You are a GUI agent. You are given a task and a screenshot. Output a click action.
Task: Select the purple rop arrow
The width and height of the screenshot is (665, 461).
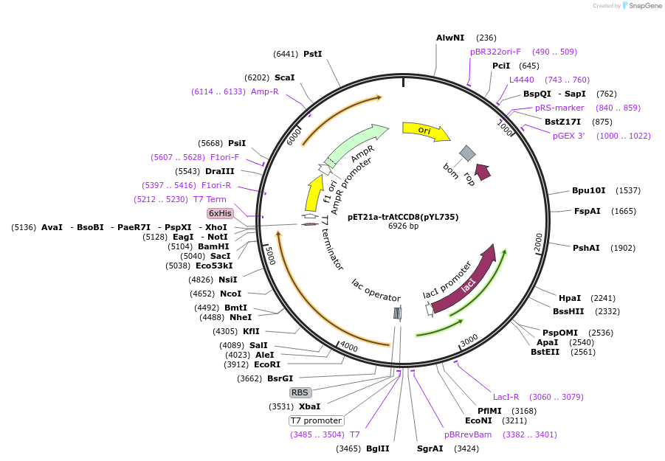click(x=483, y=172)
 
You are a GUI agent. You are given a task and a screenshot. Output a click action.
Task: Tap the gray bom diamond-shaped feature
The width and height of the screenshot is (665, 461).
click(x=467, y=153)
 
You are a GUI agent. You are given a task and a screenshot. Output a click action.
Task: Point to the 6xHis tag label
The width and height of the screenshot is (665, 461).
click(x=220, y=213)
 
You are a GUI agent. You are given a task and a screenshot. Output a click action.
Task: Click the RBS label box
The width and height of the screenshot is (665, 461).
click(x=300, y=392)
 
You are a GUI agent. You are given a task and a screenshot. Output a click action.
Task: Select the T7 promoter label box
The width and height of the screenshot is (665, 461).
click(x=316, y=420)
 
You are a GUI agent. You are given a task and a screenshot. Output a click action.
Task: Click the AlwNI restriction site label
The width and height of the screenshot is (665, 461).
click(x=450, y=38)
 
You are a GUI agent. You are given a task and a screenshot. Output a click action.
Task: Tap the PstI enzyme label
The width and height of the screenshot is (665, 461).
click(x=313, y=54)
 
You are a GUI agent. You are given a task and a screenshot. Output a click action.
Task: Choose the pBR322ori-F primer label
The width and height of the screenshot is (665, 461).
click(x=495, y=52)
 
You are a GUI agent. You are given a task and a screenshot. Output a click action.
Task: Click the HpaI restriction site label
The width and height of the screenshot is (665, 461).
click(x=570, y=298)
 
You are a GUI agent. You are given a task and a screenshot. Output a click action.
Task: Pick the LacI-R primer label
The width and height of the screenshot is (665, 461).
click(x=506, y=397)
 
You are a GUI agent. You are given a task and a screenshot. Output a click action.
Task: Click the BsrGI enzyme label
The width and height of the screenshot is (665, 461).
click(x=280, y=378)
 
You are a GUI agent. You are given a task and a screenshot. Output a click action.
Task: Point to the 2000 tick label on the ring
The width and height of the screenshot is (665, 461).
click(x=538, y=240)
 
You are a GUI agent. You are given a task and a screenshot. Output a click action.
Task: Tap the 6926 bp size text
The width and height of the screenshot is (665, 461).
click(x=403, y=226)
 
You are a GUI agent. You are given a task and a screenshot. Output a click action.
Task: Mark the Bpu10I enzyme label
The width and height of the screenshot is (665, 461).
click(x=588, y=190)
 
